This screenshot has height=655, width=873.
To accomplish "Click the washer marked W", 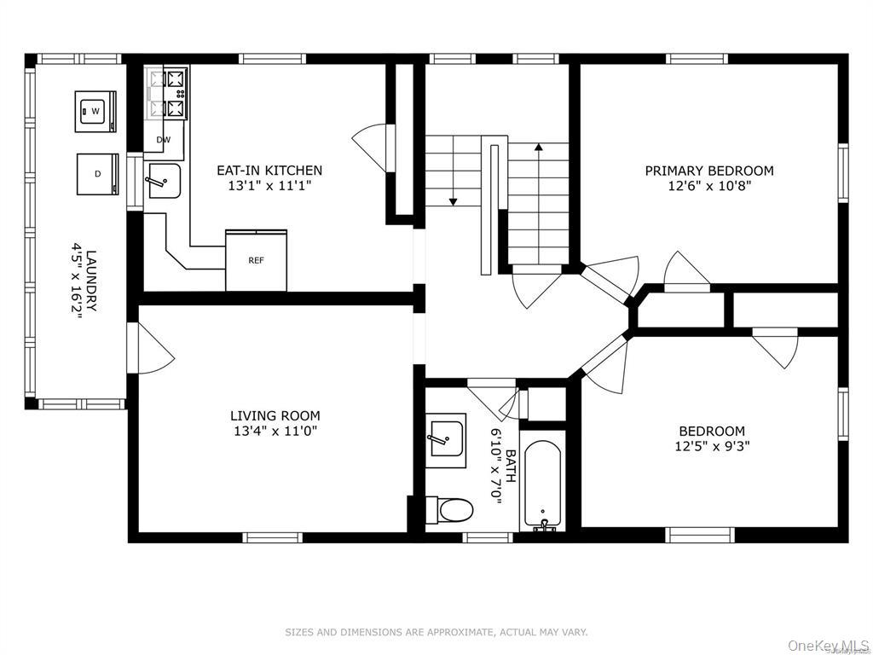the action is click(x=95, y=112).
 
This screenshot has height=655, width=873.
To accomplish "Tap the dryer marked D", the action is click(x=97, y=174).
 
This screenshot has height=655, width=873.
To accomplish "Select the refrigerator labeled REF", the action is click(x=256, y=260).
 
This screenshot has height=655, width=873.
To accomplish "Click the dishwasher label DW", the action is click(x=163, y=141).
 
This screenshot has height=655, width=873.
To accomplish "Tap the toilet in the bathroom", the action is click(x=449, y=510).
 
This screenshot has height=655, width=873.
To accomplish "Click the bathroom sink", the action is click(x=448, y=440).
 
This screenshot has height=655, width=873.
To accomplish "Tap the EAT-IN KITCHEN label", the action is click(x=269, y=170).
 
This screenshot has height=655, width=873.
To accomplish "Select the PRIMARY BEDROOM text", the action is click(x=709, y=171).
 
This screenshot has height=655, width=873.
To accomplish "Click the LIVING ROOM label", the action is click(x=275, y=415).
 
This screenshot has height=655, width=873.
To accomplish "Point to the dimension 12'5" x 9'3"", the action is click(x=712, y=446).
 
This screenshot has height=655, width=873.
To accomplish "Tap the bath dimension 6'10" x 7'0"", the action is click(x=496, y=467).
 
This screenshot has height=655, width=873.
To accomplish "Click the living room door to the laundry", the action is click(x=150, y=348).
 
